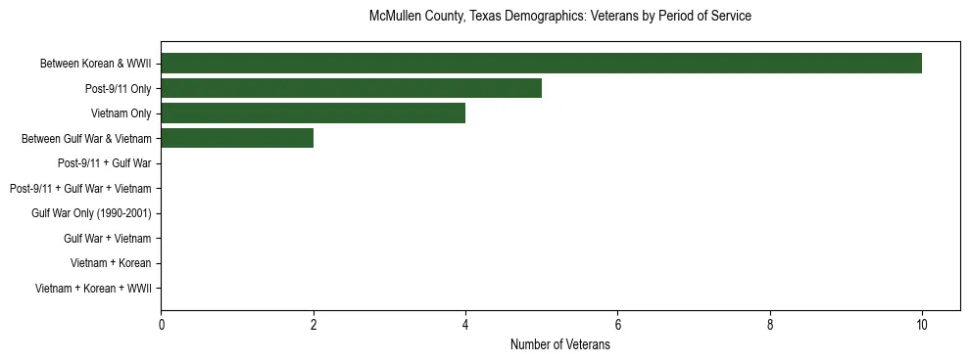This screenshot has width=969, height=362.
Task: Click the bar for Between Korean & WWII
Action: point(541,64)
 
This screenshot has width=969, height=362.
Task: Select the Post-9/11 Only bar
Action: point(351,89)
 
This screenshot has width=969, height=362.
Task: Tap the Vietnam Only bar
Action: point(313,113)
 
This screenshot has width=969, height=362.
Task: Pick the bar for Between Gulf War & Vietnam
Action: point(237,139)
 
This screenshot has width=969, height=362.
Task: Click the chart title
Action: point(559,17)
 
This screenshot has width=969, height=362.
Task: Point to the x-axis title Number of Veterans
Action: point(559,344)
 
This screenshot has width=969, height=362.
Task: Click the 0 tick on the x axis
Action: point(161,326)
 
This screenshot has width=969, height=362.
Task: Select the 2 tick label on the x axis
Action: point(314,326)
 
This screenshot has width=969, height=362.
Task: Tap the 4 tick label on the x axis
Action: point(465,326)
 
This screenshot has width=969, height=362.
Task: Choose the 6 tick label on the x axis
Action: point(617,326)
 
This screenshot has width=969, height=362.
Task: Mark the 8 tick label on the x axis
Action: point(770,326)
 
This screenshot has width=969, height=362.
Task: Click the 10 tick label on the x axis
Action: point(922,326)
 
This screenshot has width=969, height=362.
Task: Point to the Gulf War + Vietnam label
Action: point(107,239)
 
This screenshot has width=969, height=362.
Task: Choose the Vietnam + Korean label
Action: point(111,263)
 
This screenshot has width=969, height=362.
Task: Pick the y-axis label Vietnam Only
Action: point(121,113)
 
